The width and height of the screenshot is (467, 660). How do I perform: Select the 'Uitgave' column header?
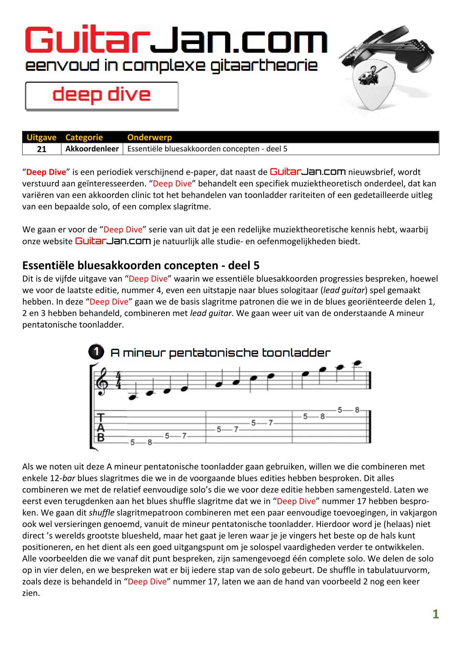pyautogui.click(x=41, y=137)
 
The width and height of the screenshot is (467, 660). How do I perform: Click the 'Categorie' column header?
pyautogui.click(x=84, y=137)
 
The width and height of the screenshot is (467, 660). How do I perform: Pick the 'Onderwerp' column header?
pyautogui.click(x=150, y=137)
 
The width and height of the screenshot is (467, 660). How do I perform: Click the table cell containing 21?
pyautogui.click(x=42, y=149)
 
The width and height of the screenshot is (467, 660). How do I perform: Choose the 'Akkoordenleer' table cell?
pyautogui.click(x=92, y=149)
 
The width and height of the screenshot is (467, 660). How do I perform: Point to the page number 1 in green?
pyautogui.click(x=436, y=614)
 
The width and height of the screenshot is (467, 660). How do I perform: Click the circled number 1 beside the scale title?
pyautogui.click(x=96, y=352)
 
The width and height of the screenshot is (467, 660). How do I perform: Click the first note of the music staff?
pyautogui.click(x=132, y=397)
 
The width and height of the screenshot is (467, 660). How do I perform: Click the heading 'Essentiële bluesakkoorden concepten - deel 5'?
pyautogui.click(x=141, y=265)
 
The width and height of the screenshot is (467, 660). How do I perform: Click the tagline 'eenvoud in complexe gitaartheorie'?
pyautogui.click(x=171, y=66)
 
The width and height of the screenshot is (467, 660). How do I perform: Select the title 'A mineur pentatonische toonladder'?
pyautogui.click(x=220, y=353)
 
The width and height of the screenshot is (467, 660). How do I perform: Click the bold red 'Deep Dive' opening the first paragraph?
pyautogui.click(x=46, y=172)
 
